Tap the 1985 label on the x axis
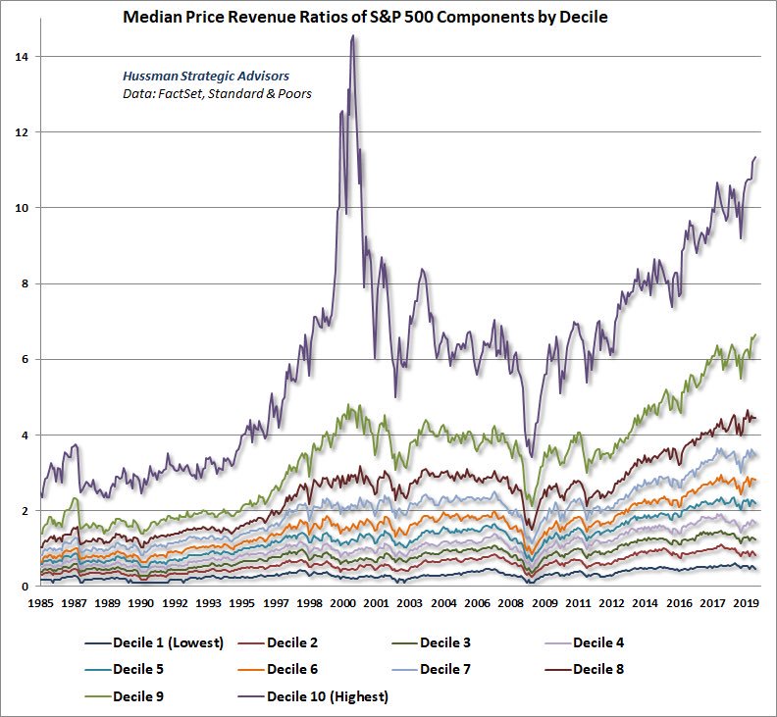[x=41, y=604]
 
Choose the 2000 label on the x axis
[x=343, y=604]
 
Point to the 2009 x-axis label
[x=545, y=604]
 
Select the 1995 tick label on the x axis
[x=243, y=604]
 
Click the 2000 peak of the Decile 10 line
[x=352, y=36]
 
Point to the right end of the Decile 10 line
[x=755, y=157]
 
